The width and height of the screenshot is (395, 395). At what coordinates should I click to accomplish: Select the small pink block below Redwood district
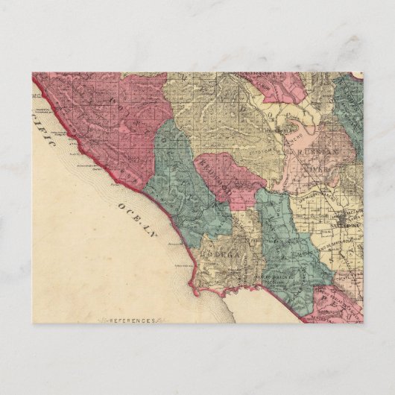coord(239,197)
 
